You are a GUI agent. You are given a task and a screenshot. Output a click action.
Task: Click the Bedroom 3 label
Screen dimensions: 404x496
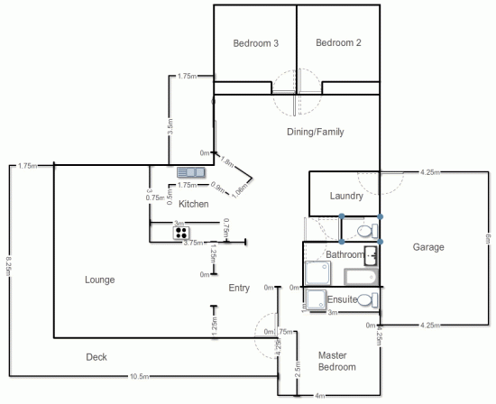(255, 43)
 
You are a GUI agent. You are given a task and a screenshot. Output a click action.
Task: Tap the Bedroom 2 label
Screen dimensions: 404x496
(338, 42)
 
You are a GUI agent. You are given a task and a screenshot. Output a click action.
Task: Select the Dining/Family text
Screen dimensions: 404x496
(315, 132)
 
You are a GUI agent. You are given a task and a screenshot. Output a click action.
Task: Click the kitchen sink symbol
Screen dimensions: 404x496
(191, 171)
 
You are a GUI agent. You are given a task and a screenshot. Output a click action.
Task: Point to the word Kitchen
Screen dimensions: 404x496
(194, 204)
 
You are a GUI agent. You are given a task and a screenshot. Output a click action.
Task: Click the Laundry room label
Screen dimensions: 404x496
(346, 196)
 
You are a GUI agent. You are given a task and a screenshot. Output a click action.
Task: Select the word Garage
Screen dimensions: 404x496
(428, 246)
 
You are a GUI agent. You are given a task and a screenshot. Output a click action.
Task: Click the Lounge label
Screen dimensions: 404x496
(99, 280)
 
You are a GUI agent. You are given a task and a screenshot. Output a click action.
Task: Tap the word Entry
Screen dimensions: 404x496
(239, 289)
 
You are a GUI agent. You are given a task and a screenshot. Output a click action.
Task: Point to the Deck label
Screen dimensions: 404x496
(96, 357)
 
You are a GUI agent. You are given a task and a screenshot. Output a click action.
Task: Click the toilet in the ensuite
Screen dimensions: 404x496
(367, 299)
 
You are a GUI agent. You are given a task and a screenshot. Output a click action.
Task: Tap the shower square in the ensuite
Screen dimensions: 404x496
(315, 299)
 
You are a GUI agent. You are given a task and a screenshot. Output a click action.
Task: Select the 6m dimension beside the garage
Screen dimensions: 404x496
(487, 238)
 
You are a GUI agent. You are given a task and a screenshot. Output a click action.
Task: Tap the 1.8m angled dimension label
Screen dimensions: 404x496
(227, 163)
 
